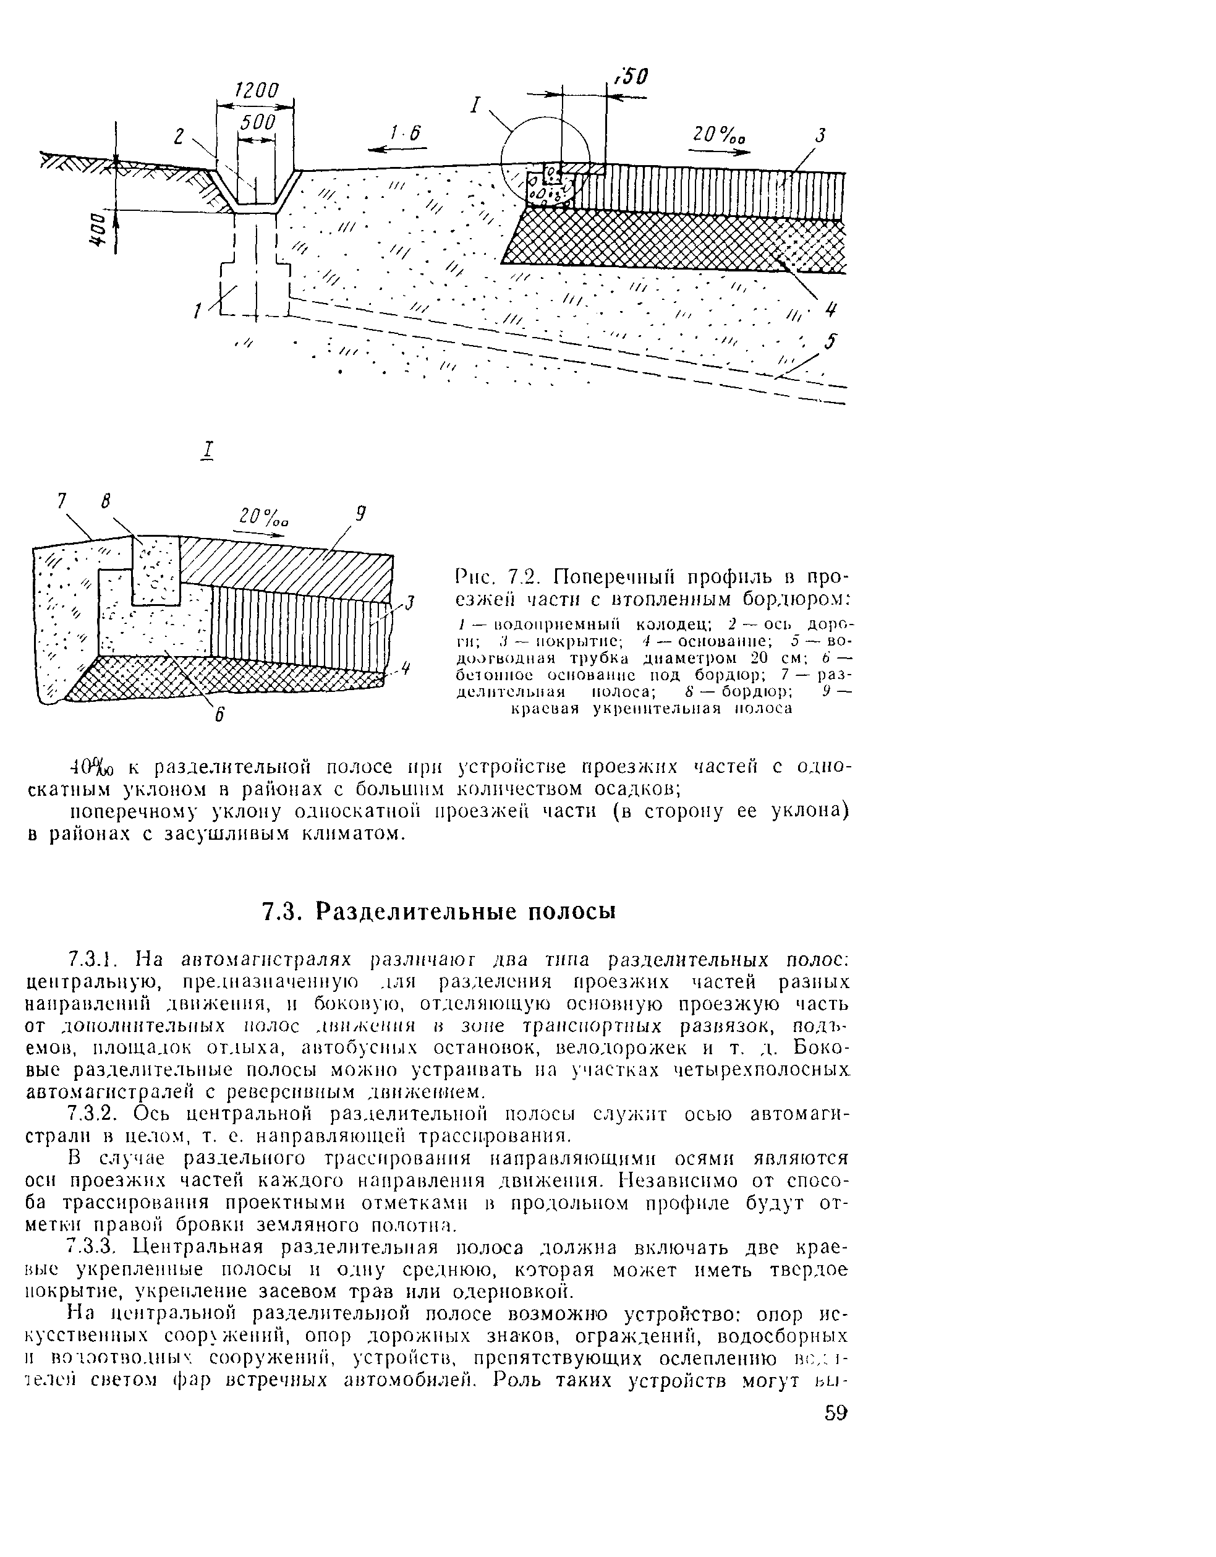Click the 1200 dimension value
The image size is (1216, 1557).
pyautogui.click(x=256, y=90)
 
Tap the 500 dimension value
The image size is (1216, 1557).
pyautogui.click(x=257, y=122)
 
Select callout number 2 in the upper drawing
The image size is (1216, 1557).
pyautogui.click(x=181, y=135)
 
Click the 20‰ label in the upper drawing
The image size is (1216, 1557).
pyautogui.click(x=720, y=135)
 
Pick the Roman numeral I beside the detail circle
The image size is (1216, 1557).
pyautogui.click(x=475, y=106)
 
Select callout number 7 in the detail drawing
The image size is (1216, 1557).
pyautogui.click(x=61, y=502)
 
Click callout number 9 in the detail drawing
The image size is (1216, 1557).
pyautogui.click(x=360, y=513)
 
